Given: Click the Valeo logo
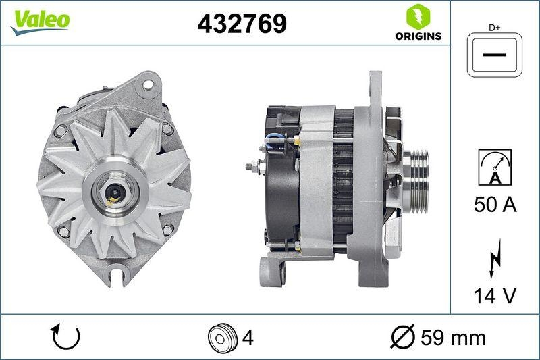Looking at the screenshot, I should [39, 20].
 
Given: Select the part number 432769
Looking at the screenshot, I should [241, 24].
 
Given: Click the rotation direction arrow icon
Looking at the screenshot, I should [66, 336].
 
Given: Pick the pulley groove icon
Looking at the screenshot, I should [221, 336].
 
